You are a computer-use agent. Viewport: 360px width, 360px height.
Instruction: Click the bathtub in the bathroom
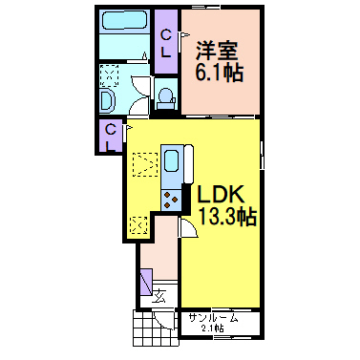[x=122, y=21]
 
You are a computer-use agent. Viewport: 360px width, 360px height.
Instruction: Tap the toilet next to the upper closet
[x=165, y=96]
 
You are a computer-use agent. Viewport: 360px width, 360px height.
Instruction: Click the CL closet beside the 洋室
[x=165, y=43]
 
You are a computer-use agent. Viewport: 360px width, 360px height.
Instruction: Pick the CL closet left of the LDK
[x=109, y=135]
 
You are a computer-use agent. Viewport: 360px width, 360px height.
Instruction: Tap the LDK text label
[x=223, y=194]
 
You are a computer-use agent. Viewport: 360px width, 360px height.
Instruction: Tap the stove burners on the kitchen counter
[x=173, y=199]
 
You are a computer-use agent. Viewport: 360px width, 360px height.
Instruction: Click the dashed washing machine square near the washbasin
[x=110, y=74]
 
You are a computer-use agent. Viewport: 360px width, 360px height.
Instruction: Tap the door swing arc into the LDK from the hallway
[x=187, y=226]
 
